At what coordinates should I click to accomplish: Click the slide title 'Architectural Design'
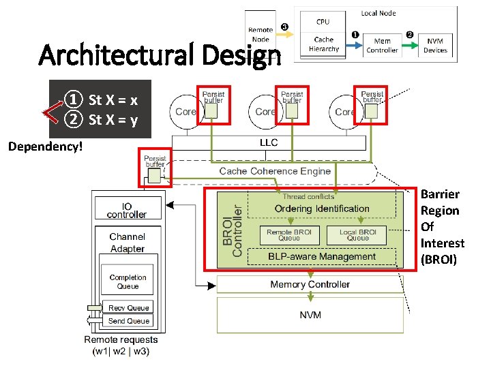[160, 54]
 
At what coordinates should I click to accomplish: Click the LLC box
[269, 143]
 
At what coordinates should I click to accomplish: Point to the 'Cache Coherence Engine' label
[275, 171]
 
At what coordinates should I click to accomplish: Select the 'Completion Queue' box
[128, 281]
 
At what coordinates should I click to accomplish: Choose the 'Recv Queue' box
[128, 308]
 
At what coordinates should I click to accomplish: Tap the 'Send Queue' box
[128, 321]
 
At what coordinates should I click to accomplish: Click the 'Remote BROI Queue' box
[288, 235]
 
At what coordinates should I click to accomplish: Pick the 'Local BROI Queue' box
[357, 235]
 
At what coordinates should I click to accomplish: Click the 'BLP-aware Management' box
[321, 257]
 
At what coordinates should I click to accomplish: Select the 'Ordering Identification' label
[322, 209]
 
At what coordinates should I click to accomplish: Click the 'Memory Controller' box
[310, 284]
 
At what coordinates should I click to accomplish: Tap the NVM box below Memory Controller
[310, 315]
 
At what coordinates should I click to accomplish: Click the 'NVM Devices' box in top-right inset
[434, 46]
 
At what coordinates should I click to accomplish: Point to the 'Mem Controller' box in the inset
[382, 46]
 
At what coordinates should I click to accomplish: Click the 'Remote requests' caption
[121, 339]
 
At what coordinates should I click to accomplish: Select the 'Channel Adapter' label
[127, 243]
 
